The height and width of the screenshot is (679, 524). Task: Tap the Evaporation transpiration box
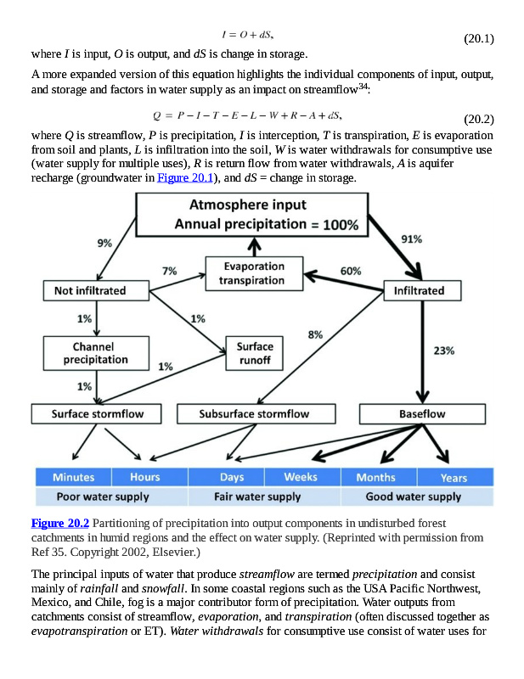pyautogui.click(x=252, y=273)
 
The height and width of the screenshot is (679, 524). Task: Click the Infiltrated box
pyautogui.click(x=419, y=291)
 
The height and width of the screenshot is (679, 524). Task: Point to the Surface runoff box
pyautogui.click(x=255, y=353)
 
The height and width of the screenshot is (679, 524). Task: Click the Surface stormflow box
pyautogui.click(x=98, y=414)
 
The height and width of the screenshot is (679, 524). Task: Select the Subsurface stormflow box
pyautogui.click(x=255, y=414)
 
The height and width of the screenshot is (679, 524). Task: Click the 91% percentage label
pyautogui.click(x=412, y=239)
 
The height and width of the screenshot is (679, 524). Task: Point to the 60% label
pyautogui.click(x=351, y=271)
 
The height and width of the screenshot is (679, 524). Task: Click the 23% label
pyautogui.click(x=443, y=350)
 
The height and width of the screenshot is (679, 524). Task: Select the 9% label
pyautogui.click(x=104, y=243)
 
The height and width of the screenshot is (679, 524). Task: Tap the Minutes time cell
pyautogui.click(x=74, y=477)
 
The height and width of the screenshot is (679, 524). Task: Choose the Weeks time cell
pyautogui.click(x=301, y=477)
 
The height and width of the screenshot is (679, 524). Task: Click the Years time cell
pyautogui.click(x=454, y=477)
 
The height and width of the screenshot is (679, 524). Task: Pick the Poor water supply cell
pyautogui.click(x=103, y=497)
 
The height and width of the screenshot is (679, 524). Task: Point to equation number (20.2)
pyautogui.click(x=478, y=119)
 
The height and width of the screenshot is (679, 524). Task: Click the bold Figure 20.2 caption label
pyautogui.click(x=59, y=523)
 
